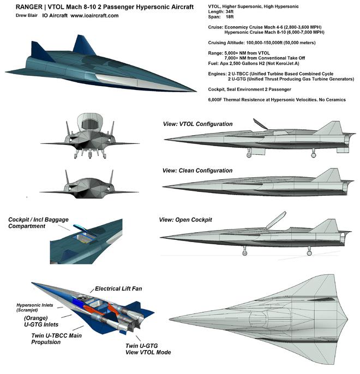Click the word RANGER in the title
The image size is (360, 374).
pyautogui.click(x=29, y=7)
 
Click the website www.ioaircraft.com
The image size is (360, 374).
pyautogui.click(x=94, y=16)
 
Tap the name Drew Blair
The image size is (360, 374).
pyautogui.click(x=27, y=15)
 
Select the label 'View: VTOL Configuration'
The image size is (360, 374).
pyautogui.click(x=197, y=124)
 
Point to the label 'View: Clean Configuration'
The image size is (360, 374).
pyautogui.click(x=197, y=171)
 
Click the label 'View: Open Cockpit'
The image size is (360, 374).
pyautogui.click(x=185, y=220)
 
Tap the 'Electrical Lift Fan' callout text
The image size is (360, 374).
pyautogui.click(x=118, y=288)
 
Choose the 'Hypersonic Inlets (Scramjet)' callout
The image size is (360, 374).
pyautogui.click(x=35, y=307)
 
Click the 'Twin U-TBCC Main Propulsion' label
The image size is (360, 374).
pyautogui.click(x=56, y=339)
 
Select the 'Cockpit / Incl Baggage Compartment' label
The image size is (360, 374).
pyautogui.click(x=38, y=223)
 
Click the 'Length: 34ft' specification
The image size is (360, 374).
pyautogui.click(x=221, y=11)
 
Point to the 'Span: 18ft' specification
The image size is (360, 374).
pyautogui.click(x=221, y=17)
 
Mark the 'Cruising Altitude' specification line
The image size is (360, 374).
pyautogui.click(x=262, y=43)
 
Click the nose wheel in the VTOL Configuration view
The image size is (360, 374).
pyautogui.click(x=249, y=155)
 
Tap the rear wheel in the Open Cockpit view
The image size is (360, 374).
pyautogui.click(x=309, y=253)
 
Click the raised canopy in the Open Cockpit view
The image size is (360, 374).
pyautogui.click(x=276, y=220)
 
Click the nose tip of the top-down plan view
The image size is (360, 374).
pyautogui.click(x=170, y=319)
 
